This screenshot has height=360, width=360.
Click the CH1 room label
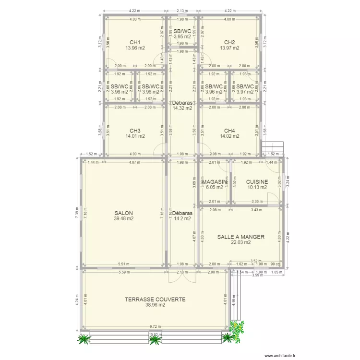[135, 42]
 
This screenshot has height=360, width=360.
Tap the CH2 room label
[229, 42]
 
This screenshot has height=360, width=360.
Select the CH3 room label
[135, 131]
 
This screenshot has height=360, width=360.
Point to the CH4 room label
[229, 131]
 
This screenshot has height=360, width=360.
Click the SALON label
[123, 213]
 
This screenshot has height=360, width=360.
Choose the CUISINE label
[257, 182]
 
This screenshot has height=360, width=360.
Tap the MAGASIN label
[215, 182]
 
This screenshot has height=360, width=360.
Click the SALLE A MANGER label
[240, 237]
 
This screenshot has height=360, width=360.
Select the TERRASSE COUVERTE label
[155, 299]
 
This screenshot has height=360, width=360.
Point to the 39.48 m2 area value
[123, 219]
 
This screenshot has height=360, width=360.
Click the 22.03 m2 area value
[240, 242]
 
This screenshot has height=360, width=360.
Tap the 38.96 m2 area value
[155, 305]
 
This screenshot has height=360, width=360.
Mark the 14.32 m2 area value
[182, 108]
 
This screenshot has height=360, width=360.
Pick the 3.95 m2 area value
[182, 36]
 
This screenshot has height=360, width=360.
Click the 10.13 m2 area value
[257, 188]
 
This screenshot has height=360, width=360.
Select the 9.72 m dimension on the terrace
[155, 326]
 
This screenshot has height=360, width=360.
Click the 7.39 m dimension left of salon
[77, 213]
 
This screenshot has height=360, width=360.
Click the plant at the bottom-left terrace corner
[84, 339]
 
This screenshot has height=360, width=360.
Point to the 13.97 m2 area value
[229, 48]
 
